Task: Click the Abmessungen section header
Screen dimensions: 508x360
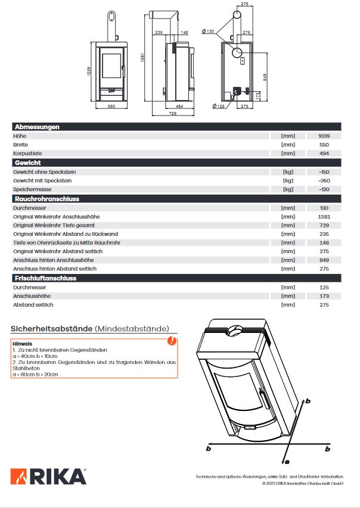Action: tap(36, 127)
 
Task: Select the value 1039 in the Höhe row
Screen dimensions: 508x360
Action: tap(324, 136)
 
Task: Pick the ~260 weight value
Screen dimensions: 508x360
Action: tap(324, 180)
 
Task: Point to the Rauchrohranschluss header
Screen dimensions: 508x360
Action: tap(46, 199)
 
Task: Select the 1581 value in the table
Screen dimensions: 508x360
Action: tap(324, 217)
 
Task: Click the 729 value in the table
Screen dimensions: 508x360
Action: tap(324, 226)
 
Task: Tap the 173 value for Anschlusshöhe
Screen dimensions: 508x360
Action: tap(324, 296)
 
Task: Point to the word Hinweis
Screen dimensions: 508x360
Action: tap(22, 344)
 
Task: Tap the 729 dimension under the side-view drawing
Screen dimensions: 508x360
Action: tap(172, 113)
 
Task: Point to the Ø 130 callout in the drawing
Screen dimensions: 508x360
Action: tap(208, 31)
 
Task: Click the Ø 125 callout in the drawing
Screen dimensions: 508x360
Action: tap(219, 106)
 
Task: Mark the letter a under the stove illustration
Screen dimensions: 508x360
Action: tap(287, 461)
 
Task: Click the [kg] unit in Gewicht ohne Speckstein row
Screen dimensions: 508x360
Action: tap(288, 172)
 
